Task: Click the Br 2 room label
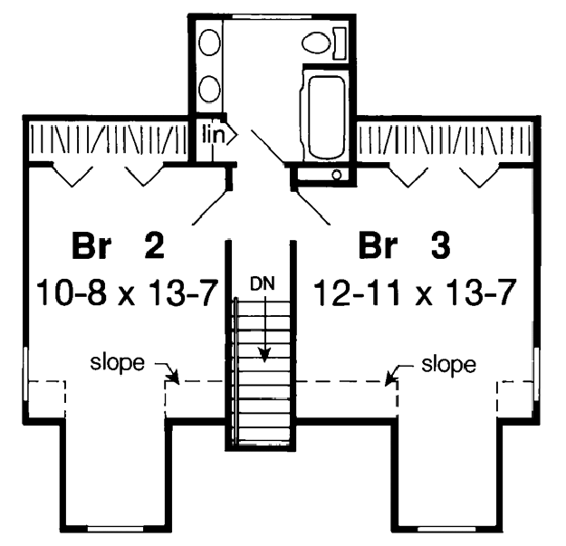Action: [x=118, y=246]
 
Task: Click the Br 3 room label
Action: [x=404, y=246]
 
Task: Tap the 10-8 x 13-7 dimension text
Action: [x=128, y=293]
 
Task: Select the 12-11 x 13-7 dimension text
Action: [x=415, y=293]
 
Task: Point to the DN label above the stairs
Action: [x=263, y=284]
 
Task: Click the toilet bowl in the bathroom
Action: [x=316, y=43]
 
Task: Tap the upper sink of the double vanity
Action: [x=209, y=43]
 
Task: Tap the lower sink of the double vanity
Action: [x=209, y=89]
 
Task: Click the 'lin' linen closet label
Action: [x=214, y=133]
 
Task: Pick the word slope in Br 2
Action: [x=117, y=363]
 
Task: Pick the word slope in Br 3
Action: [x=448, y=365]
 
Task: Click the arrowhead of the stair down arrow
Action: [x=265, y=355]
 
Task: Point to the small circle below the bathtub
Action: [x=336, y=175]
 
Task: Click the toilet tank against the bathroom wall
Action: [x=340, y=43]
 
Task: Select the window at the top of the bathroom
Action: [x=272, y=16]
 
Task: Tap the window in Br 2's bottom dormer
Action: [x=116, y=529]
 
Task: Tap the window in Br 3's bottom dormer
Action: [x=446, y=529]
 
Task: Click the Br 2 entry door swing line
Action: [x=210, y=207]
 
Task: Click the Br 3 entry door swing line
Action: [x=312, y=207]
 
